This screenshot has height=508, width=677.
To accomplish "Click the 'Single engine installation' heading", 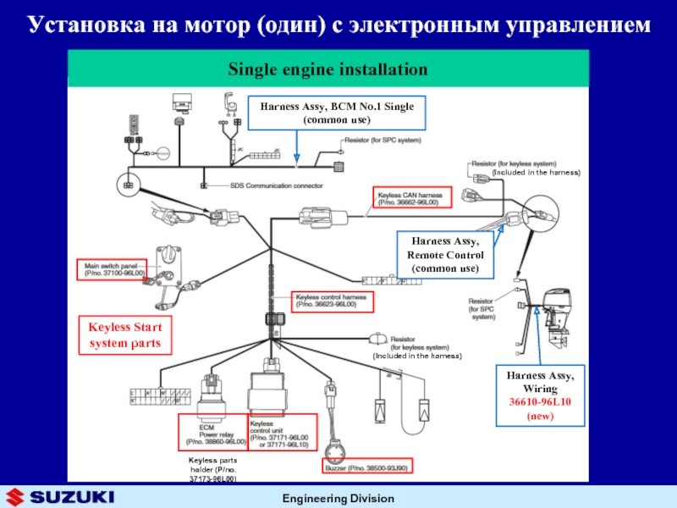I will [x=326, y=67].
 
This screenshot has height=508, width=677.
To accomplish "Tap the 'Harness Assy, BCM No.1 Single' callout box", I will [x=337, y=111].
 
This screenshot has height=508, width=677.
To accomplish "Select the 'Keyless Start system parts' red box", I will [x=125, y=335].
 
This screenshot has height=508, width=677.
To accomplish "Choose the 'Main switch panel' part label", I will [x=113, y=269].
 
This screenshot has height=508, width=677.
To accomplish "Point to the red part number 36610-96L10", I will [x=540, y=402].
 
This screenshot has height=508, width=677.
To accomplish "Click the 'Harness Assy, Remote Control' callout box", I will [x=445, y=255].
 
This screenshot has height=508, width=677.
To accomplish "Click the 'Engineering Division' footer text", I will [x=338, y=497].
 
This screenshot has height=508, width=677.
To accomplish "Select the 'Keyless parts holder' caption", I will [x=212, y=468].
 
